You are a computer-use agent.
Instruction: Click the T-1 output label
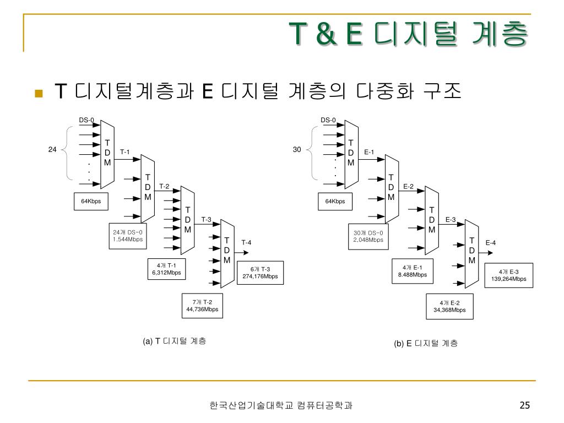(125, 152)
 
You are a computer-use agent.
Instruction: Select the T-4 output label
(246, 242)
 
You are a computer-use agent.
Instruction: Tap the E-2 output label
(408, 187)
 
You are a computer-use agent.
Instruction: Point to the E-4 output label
(490, 242)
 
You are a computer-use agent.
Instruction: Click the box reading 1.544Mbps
(128, 236)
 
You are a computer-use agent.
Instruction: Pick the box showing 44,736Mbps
(202, 306)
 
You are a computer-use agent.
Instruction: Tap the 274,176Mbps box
(260, 273)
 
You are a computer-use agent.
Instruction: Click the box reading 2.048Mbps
(368, 236)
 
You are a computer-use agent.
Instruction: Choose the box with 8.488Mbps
(412, 271)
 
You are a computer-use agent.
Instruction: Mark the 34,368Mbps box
(449, 306)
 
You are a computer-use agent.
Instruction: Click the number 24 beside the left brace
(52, 149)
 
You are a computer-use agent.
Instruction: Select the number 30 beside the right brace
(297, 149)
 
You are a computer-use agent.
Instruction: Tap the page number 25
(524, 406)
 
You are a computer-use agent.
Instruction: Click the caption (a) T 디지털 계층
(174, 341)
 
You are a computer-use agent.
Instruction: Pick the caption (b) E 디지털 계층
(425, 343)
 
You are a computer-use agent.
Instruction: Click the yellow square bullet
(38, 93)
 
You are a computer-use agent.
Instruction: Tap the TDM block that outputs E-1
(350, 153)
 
